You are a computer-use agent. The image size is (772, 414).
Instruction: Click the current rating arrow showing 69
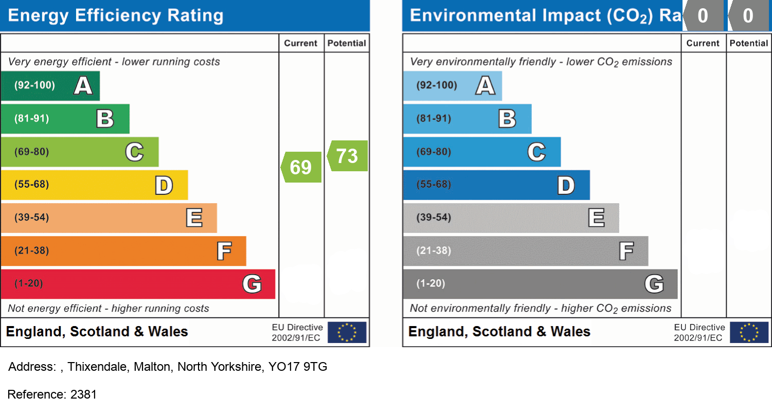click(301, 167)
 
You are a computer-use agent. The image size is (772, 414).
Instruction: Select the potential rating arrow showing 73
click(348, 155)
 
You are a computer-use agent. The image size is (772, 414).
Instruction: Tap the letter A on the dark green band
click(83, 85)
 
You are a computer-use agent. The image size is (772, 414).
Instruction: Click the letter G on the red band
click(252, 284)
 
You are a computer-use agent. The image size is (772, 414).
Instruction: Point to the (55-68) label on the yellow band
click(31, 184)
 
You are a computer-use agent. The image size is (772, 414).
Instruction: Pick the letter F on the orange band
click(224, 251)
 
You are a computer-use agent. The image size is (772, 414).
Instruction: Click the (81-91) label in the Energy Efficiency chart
click(31, 118)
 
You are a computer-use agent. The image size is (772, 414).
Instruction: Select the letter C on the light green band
click(134, 152)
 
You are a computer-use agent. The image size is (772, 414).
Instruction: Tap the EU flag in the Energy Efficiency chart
click(347, 332)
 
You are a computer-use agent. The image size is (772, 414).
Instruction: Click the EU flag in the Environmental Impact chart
click(749, 332)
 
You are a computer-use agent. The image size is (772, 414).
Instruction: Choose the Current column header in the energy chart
click(301, 43)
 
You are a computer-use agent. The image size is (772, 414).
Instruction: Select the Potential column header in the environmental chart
click(749, 43)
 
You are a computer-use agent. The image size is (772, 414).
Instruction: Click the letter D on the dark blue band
click(566, 185)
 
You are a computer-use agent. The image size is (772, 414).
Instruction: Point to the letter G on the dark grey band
click(654, 284)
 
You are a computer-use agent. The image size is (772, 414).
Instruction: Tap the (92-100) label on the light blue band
click(437, 85)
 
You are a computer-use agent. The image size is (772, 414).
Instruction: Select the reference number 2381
click(83, 394)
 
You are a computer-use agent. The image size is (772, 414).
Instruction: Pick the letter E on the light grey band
click(596, 218)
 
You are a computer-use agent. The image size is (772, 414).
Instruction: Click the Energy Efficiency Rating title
click(116, 15)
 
